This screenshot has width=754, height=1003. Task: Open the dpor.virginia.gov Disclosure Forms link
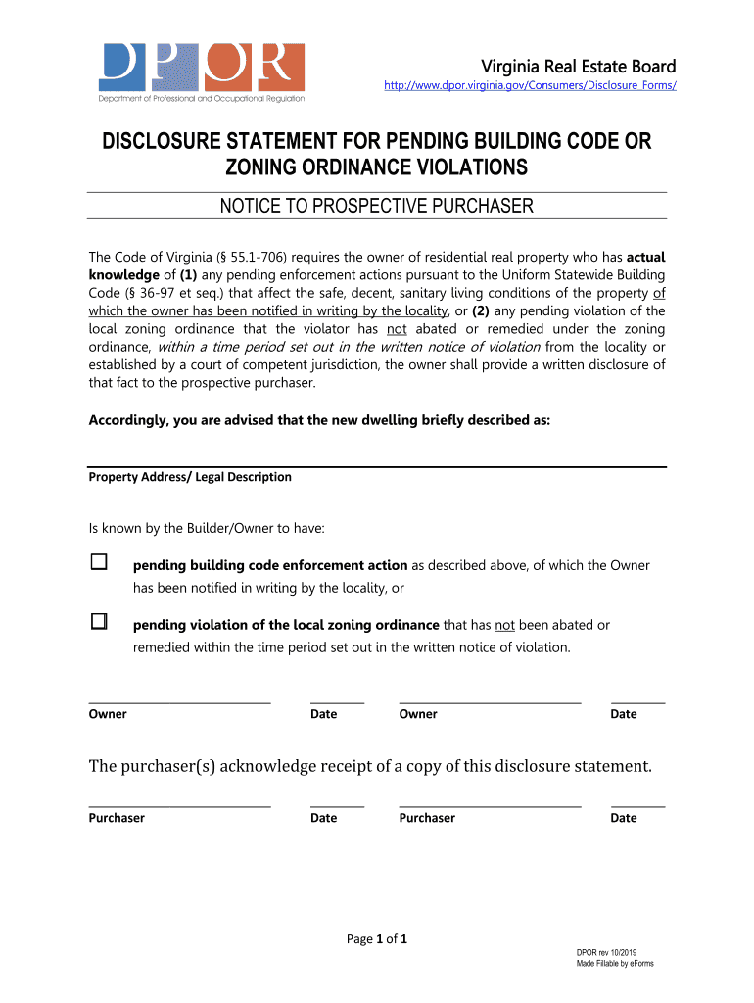(x=530, y=86)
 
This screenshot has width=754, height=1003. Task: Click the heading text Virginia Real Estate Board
(x=578, y=67)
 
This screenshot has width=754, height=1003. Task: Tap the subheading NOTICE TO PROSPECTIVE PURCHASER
(x=376, y=206)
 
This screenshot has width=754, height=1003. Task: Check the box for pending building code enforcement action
(x=98, y=563)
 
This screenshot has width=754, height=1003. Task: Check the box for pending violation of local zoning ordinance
(x=98, y=622)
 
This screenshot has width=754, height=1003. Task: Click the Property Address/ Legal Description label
(x=190, y=477)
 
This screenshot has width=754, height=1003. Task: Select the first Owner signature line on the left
(x=179, y=699)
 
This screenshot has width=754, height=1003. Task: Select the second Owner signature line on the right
(x=490, y=699)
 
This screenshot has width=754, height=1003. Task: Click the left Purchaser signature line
(x=179, y=803)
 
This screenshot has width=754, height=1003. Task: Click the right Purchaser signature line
(x=490, y=803)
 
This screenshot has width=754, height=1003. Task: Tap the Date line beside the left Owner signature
(x=337, y=699)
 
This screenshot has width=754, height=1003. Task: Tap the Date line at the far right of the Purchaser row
(x=637, y=803)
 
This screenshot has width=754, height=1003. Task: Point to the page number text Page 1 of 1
(x=377, y=939)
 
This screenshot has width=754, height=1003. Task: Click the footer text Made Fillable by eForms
(x=614, y=964)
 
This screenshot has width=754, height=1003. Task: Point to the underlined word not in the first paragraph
(x=397, y=329)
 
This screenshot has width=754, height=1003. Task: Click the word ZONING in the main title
(x=273, y=168)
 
